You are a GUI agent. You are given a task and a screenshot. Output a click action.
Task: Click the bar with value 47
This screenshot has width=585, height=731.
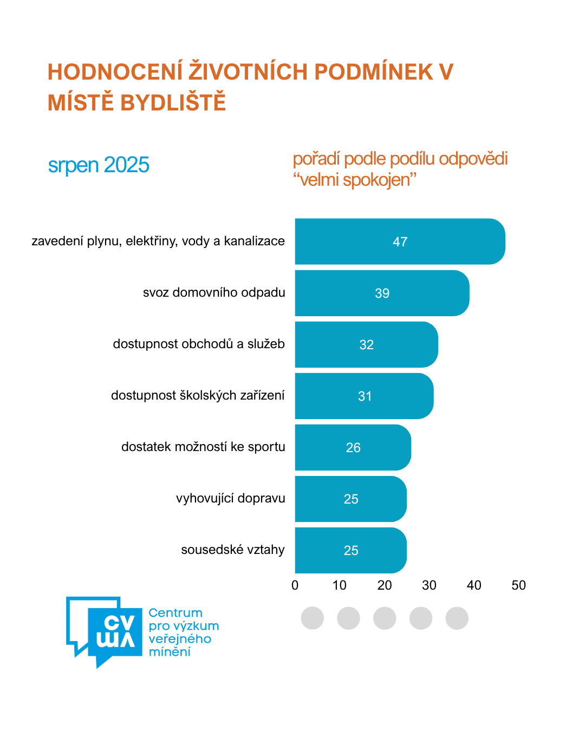point(400,242)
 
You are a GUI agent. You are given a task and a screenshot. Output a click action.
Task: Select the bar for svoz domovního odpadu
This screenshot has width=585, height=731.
point(382,293)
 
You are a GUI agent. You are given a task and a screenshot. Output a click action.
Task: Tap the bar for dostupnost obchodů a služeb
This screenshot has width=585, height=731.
point(366,344)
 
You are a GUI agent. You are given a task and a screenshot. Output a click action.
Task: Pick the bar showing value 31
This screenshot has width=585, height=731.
point(364,396)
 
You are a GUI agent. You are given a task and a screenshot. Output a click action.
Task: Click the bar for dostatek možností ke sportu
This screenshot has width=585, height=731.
point(353,447)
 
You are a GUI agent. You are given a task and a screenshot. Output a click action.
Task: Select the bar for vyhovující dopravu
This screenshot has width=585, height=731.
point(350,499)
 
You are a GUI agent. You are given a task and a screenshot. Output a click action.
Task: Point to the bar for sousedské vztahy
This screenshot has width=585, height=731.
point(350,550)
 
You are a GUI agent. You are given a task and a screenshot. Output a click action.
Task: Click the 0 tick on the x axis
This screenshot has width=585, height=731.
point(295,585)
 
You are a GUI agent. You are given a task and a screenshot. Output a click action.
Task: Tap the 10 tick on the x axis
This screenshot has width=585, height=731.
point(340,585)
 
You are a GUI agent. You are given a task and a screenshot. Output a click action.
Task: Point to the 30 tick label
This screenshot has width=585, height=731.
point(429,585)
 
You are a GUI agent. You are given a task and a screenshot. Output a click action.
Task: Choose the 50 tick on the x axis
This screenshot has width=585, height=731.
point(518,585)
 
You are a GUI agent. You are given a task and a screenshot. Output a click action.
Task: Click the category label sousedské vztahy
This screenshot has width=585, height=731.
point(233,550)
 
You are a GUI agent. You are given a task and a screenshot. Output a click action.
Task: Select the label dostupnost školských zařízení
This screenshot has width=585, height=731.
point(198,396)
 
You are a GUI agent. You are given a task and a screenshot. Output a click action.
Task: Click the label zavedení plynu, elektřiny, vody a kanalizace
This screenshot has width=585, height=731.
point(158,242)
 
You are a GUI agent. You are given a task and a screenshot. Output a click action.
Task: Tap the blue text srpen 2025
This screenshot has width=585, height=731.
point(99,165)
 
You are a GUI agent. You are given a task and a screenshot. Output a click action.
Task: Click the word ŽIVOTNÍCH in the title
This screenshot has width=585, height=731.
point(248,72)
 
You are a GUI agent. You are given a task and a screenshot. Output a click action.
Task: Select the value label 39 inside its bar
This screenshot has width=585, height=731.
point(382,293)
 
